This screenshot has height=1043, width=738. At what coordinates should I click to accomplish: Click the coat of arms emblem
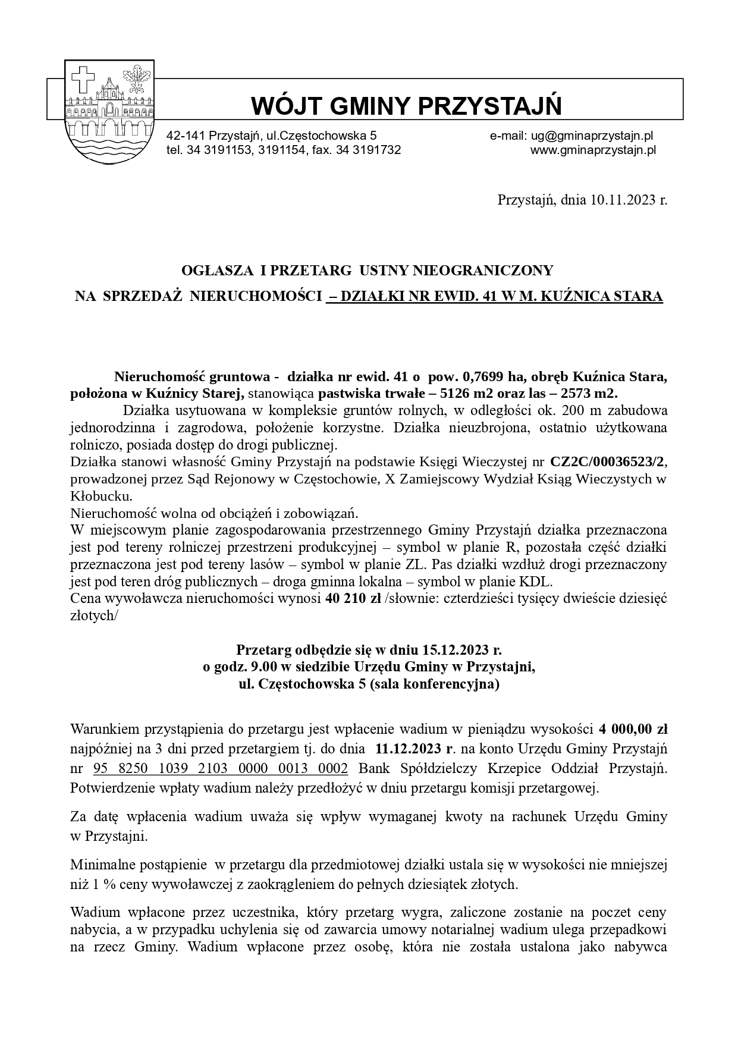(109, 111)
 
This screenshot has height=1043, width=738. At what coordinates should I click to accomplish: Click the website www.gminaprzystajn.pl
(593, 150)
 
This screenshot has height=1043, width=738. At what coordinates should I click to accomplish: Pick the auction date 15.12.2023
(458, 649)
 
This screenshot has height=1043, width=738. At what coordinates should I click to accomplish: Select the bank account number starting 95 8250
(221, 768)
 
